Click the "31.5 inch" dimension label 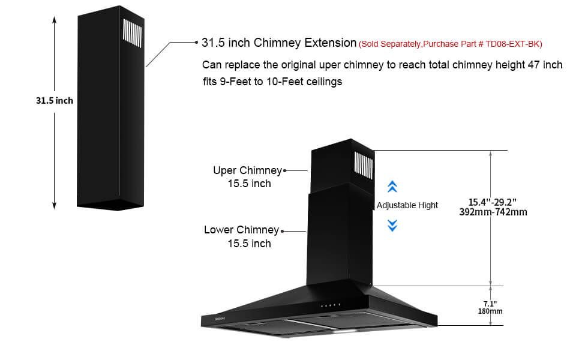(55, 101)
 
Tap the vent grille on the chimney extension (133, 34)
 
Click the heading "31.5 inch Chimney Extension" (279, 43)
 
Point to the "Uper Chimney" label (248, 170)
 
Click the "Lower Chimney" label (241, 230)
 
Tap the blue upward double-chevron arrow (392, 187)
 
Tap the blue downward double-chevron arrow (392, 225)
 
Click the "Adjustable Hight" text (407, 205)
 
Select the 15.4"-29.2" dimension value (492, 202)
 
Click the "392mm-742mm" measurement (493, 212)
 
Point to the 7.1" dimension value (490, 304)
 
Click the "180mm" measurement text (490, 311)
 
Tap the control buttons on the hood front (331, 305)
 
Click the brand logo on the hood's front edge (220, 319)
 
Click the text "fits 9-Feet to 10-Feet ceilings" (272, 82)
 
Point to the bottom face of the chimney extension (110, 205)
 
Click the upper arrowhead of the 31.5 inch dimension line (54, 20)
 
